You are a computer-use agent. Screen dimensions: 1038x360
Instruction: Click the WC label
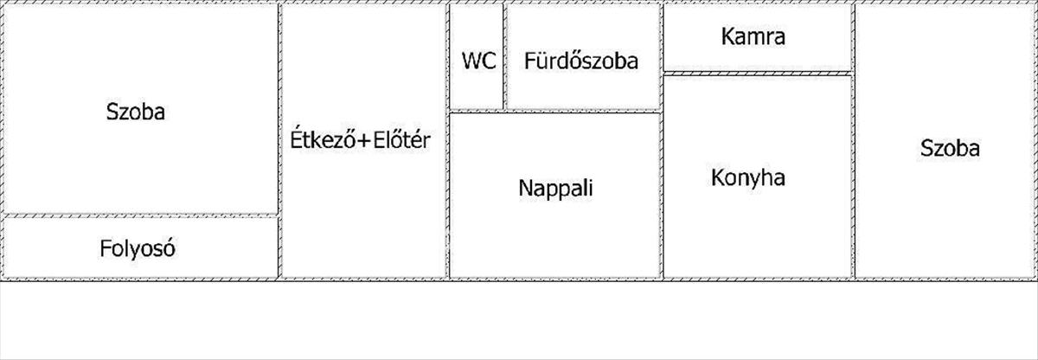(x=478, y=61)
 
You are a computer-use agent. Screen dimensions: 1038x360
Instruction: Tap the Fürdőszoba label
(x=581, y=61)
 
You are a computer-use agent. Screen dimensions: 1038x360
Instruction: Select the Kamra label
(x=753, y=36)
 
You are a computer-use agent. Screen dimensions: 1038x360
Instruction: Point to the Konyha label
(x=748, y=178)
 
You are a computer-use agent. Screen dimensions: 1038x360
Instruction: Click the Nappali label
(x=555, y=188)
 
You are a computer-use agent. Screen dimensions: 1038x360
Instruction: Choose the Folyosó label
(x=138, y=248)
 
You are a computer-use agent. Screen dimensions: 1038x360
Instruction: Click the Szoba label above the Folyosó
(x=135, y=112)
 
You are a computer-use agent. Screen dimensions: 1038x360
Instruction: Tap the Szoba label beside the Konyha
(x=950, y=148)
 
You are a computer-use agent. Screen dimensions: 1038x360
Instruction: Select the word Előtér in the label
(x=401, y=139)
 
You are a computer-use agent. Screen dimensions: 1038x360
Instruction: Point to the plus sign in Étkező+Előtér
(x=364, y=140)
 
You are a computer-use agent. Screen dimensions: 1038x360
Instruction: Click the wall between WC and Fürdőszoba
(x=504, y=56)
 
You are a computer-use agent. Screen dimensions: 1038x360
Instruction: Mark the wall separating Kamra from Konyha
(x=758, y=74)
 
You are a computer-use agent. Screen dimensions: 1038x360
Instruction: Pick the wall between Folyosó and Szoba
(x=141, y=215)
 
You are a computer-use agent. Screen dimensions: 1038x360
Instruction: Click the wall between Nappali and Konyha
(x=662, y=195)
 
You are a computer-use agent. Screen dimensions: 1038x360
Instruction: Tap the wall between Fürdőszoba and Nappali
(x=583, y=111)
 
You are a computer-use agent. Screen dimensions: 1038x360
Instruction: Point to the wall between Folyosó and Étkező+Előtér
(x=280, y=247)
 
